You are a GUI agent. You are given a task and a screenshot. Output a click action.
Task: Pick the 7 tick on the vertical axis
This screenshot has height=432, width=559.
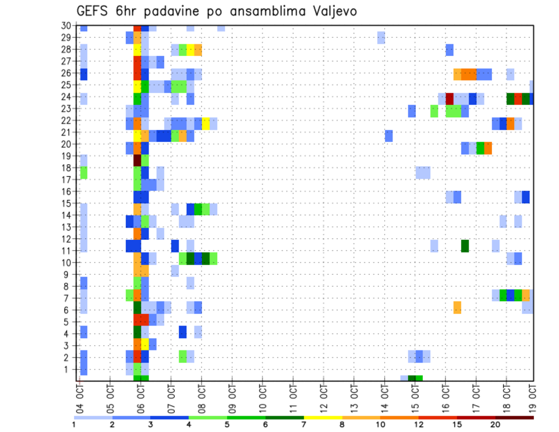(68, 298)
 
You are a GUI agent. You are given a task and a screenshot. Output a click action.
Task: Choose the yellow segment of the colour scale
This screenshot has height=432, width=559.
(323, 417)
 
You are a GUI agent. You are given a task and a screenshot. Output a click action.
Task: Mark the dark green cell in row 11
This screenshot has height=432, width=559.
(465, 246)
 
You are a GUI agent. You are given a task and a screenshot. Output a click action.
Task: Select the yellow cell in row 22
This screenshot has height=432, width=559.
(206, 123)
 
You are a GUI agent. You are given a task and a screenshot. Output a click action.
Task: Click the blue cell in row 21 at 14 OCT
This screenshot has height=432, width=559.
(389, 136)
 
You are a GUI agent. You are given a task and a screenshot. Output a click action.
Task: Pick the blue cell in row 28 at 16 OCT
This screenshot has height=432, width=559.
(450, 50)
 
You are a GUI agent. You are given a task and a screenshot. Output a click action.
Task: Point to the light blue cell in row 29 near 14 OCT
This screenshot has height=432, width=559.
(381, 38)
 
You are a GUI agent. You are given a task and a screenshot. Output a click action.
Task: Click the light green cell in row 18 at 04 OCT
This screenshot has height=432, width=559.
(84, 172)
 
